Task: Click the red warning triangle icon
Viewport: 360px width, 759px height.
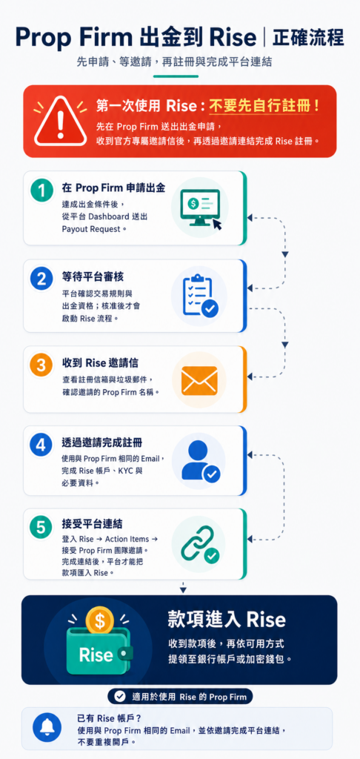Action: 60,122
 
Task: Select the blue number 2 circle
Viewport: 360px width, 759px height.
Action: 41,279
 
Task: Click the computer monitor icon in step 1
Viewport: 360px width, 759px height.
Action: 200,208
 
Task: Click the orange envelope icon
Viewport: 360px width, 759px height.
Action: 199,380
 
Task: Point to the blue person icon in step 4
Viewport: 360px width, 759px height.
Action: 200,460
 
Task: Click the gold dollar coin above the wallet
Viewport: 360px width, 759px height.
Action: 100,620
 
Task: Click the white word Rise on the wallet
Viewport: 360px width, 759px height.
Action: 96,655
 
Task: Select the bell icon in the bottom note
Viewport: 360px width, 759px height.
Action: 47,728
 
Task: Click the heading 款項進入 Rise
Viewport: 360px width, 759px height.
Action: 227,619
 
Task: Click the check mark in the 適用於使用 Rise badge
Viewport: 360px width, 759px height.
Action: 119,697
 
